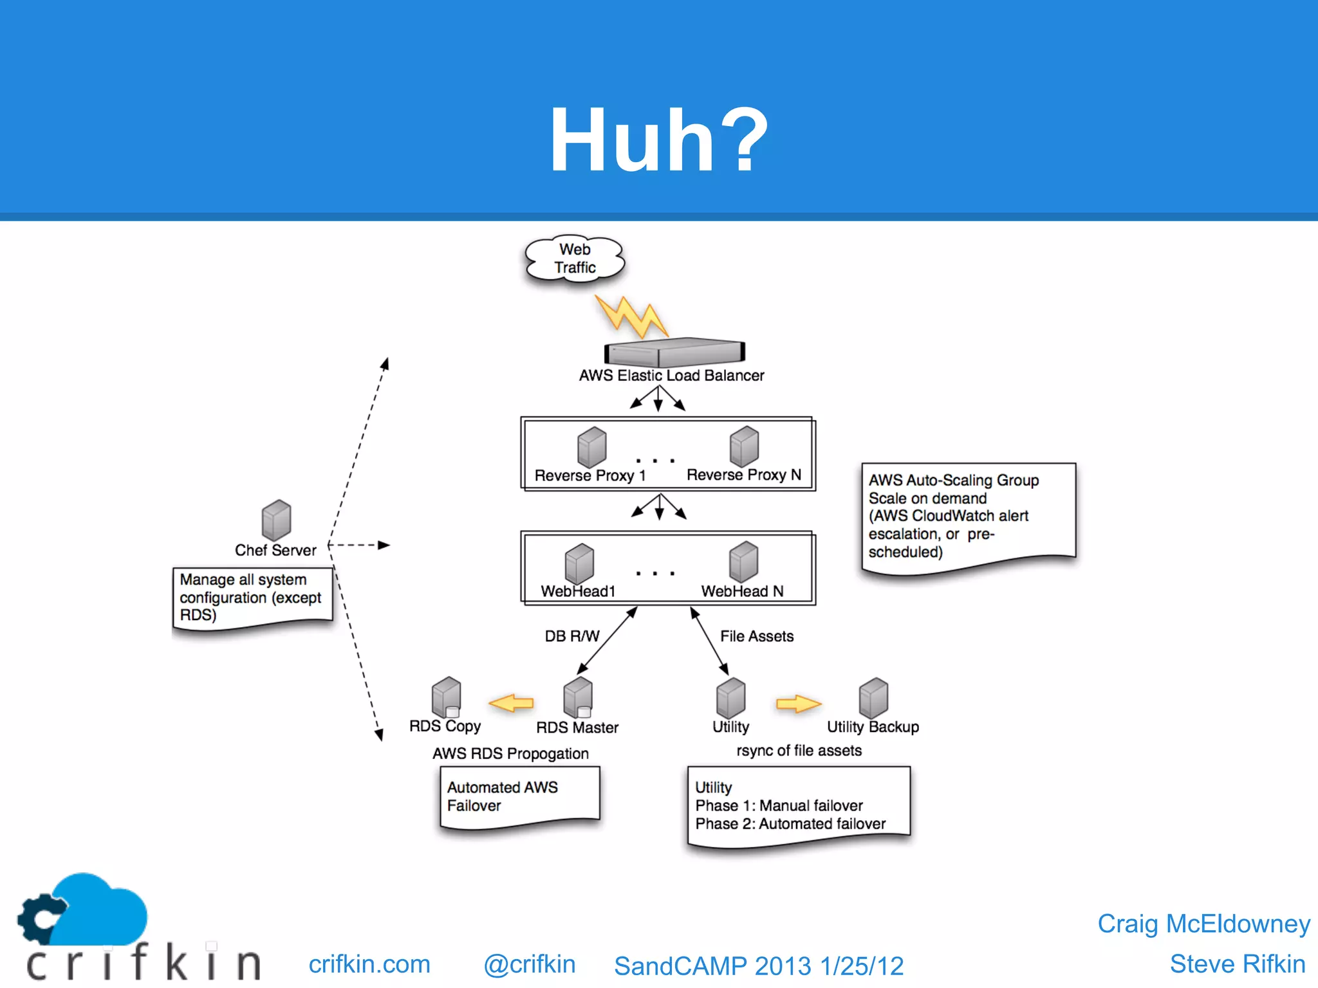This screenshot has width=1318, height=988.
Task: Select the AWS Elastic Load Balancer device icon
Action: pos(674,352)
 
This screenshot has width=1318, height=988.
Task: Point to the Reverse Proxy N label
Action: pos(744,475)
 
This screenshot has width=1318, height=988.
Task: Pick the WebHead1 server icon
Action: pos(579,563)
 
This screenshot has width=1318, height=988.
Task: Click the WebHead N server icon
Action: pos(743,561)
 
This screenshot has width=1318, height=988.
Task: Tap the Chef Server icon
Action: pos(276,520)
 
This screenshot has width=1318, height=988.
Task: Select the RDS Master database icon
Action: pos(577,697)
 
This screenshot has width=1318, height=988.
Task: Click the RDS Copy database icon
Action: pos(446,697)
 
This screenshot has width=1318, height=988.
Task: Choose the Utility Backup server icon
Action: pos(873,697)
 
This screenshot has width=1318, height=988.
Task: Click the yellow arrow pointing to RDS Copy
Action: pos(512,703)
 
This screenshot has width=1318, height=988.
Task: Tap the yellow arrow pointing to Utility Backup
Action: pos(798,704)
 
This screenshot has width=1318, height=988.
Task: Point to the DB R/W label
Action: pos(571,636)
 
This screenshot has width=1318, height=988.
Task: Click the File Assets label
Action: pos(756,636)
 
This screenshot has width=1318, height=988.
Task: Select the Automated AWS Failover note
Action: pos(519,798)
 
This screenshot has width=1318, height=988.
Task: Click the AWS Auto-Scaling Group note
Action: pos(967,516)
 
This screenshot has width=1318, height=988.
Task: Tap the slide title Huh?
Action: pos(659,140)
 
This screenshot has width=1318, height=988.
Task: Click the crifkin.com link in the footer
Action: pos(369,964)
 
